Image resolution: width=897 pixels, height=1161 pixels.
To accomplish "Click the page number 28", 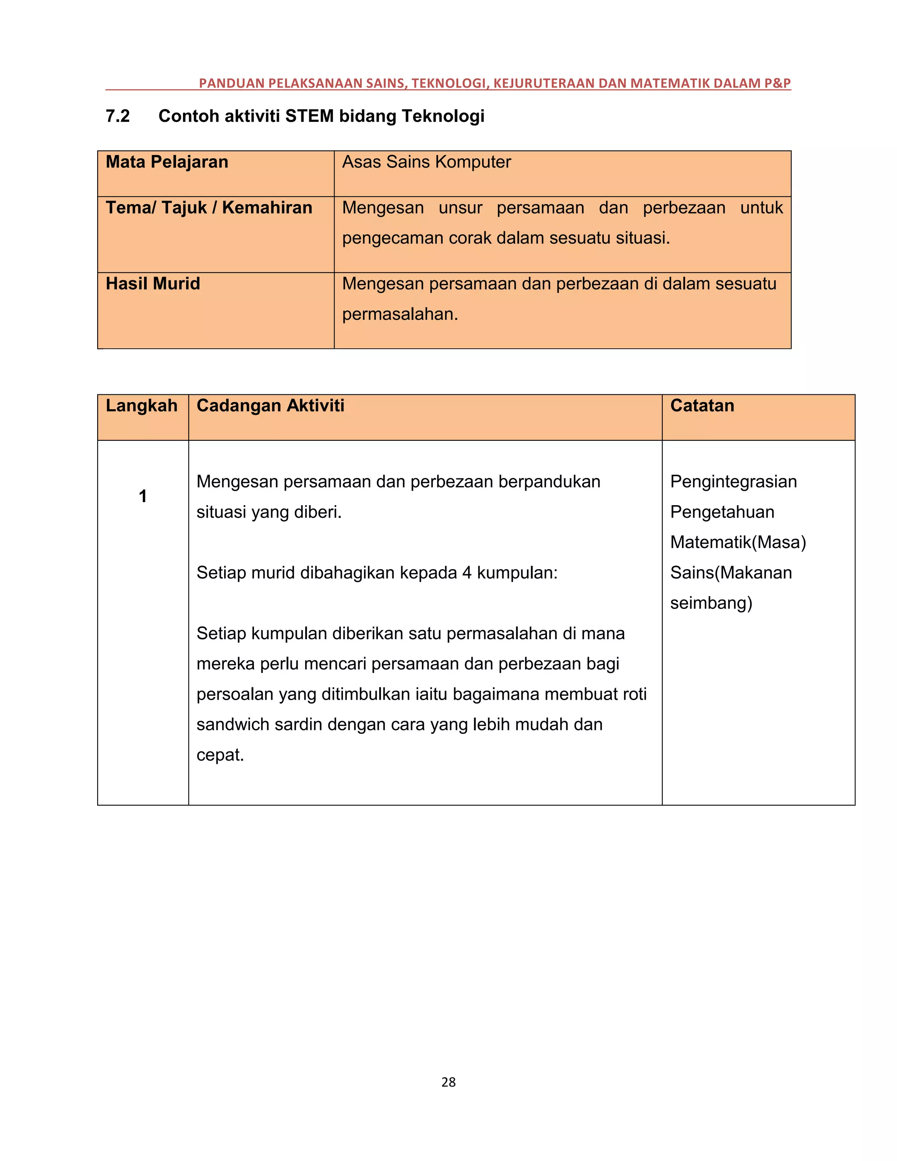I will tap(448, 1082).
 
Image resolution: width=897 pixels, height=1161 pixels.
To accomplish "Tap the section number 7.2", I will tap(117, 116).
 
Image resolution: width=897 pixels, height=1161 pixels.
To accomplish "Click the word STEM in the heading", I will tap(309, 116).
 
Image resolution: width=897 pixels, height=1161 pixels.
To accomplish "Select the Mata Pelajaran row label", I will tap(167, 162).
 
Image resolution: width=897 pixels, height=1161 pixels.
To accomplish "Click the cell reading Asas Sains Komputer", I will tap(426, 162).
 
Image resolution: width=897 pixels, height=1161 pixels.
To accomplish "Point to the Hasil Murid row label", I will tap(153, 283).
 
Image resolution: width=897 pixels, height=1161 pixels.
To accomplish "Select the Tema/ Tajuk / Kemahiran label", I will tap(209, 207).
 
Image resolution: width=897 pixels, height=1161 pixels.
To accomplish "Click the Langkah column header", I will tap(141, 406).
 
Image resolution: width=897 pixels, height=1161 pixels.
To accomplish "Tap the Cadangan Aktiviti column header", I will tap(271, 406).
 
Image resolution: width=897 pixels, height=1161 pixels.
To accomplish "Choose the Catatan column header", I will tap(702, 406).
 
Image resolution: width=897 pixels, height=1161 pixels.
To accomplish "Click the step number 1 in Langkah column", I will tap(142, 496).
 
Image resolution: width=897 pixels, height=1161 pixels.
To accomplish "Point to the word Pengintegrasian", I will tap(733, 481).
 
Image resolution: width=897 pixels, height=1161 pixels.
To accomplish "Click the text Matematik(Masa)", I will tap(738, 542).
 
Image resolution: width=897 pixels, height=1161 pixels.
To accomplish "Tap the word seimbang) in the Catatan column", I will tap(711, 603).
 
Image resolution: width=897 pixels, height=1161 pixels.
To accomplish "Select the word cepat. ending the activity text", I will tap(220, 755).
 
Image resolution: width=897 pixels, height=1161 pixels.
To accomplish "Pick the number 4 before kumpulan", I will tap(466, 573).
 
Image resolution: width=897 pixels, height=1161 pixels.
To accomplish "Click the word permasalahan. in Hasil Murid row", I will tap(399, 314).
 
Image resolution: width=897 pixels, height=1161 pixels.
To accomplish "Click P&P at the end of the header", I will tap(777, 83).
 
